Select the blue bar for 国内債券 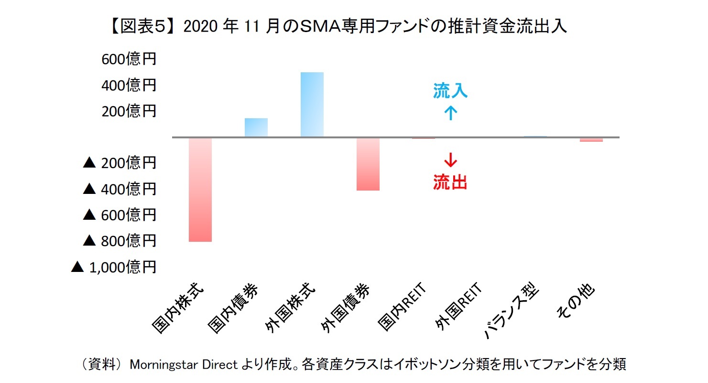(256, 127)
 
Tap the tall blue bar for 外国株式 (312, 104)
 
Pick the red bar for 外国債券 (368, 164)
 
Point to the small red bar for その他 (591, 140)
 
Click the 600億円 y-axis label (128, 60)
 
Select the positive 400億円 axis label (128, 86)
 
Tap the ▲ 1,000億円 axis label (114, 267)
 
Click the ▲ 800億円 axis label (120, 241)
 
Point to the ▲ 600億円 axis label (120, 215)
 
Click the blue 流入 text (450, 91)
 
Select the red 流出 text (450, 182)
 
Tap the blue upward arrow (450, 113)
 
